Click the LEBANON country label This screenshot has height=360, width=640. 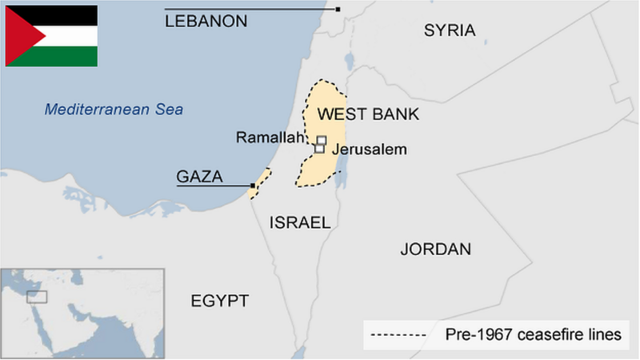[x=206, y=22]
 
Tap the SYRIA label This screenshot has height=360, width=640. [x=450, y=30]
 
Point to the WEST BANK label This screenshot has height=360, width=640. [x=368, y=114]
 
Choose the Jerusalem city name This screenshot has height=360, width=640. [x=369, y=150]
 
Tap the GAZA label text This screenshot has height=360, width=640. [x=199, y=177]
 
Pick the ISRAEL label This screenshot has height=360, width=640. [x=300, y=222]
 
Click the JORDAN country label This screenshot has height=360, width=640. [x=435, y=249]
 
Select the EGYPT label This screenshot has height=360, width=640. [x=219, y=301]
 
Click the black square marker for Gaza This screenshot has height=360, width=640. [x=253, y=186]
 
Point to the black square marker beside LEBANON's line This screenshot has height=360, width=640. [x=338, y=10]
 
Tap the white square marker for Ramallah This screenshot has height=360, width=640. [x=322, y=140]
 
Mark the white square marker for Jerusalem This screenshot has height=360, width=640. [x=319, y=149]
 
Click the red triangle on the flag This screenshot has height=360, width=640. [x=18, y=35]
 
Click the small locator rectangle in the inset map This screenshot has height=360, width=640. [x=37, y=297]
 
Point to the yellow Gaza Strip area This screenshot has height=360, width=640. [x=262, y=180]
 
